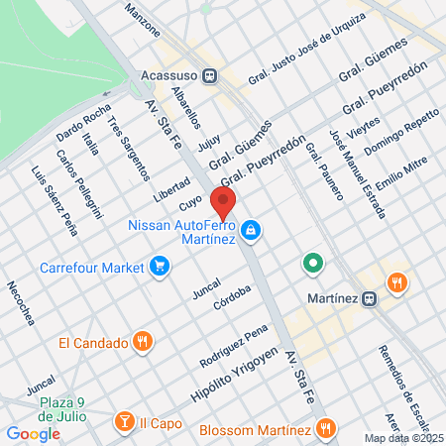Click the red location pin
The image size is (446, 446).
[x=224, y=203]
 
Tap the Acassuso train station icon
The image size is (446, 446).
[x=210, y=75]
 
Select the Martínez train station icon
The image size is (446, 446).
[x=369, y=297]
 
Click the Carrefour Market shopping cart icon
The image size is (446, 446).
[x=159, y=266]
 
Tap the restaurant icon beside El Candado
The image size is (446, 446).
[x=143, y=343]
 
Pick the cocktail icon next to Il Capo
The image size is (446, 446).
[x=124, y=421]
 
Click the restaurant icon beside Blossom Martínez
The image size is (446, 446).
[x=325, y=429]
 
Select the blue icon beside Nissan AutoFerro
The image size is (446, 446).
[x=252, y=230]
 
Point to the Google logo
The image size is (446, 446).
[x=33, y=433]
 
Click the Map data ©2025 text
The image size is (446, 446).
[x=401, y=438]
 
